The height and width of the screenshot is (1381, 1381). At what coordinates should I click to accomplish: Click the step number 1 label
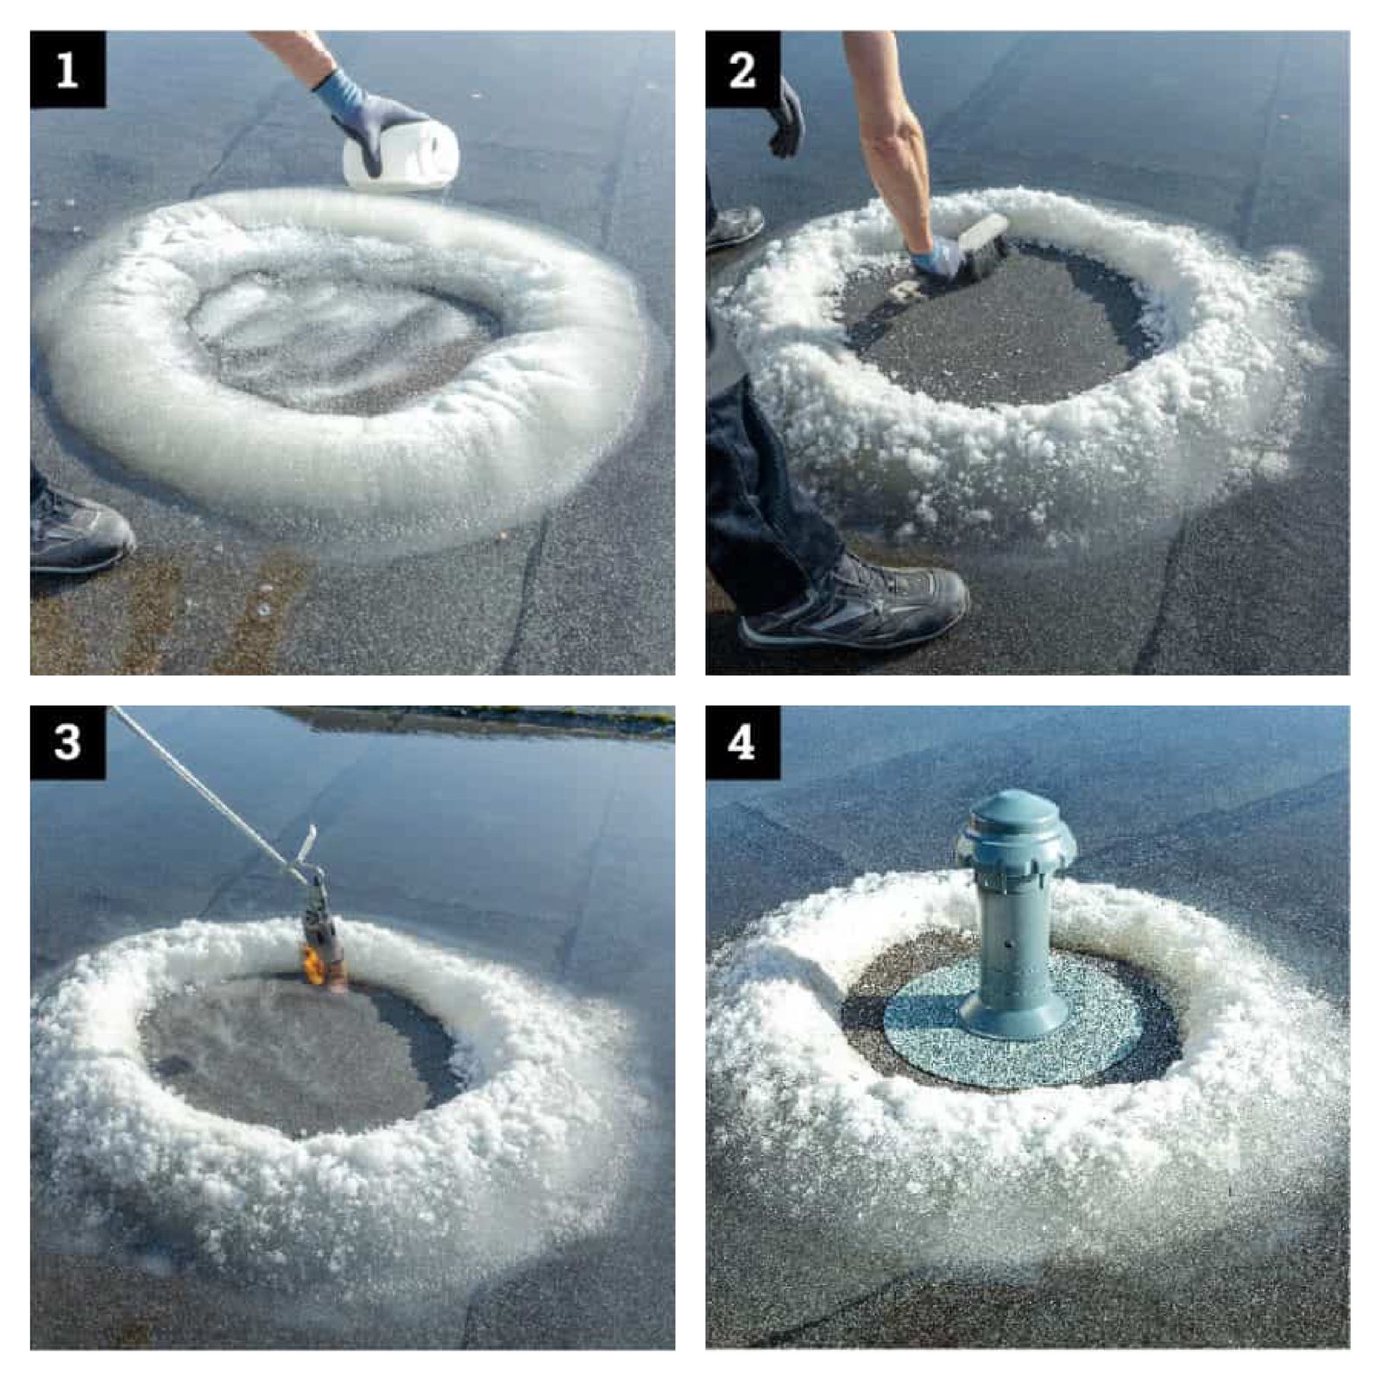click(x=67, y=70)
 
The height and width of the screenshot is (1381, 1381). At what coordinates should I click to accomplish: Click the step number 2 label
click(x=743, y=70)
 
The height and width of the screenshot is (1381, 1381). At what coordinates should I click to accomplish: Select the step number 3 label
click(x=67, y=742)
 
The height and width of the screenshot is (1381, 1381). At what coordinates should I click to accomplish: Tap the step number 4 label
click(x=743, y=742)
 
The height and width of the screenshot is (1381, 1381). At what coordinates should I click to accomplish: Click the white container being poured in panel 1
click(x=401, y=156)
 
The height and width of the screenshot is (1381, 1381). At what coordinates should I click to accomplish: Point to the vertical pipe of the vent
click(x=1014, y=945)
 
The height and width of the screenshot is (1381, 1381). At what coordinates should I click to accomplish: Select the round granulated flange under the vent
click(x=1014, y=1023)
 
